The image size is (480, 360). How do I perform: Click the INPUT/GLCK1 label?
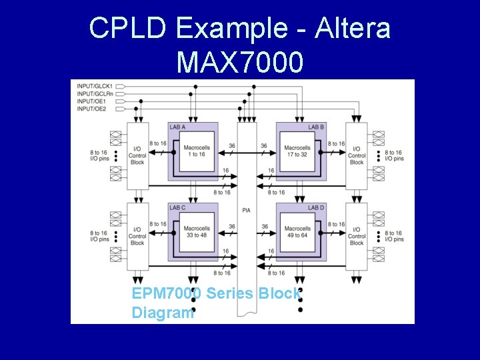pyautogui.click(x=95, y=87)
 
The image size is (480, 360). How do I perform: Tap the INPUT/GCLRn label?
pyautogui.click(x=95, y=94)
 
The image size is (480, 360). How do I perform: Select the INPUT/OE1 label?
pyautogui.click(x=92, y=101)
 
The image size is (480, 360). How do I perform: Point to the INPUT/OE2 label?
pyautogui.click(x=92, y=109)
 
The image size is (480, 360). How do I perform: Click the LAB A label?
pyautogui.click(x=178, y=127)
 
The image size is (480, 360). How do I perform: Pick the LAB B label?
pyautogui.click(x=316, y=127)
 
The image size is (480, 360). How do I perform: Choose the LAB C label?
pyautogui.click(x=178, y=208)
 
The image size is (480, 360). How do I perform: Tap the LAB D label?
pyautogui.click(x=316, y=208)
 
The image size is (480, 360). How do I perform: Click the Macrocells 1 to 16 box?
pyautogui.click(x=197, y=152)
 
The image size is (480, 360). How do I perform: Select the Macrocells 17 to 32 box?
pyautogui.click(x=297, y=152)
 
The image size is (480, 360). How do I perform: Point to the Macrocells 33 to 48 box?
pyautogui.click(x=197, y=232)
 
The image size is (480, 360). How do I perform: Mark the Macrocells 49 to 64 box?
pyautogui.click(x=297, y=232)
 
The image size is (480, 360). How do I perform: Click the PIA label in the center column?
pyautogui.click(x=247, y=211)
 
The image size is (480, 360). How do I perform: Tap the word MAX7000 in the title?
pyautogui.click(x=240, y=63)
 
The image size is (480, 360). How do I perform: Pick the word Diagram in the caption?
pyautogui.click(x=163, y=312)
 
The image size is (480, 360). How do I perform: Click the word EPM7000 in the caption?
pyautogui.click(x=167, y=293)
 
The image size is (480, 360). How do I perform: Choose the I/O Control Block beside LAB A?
pyautogui.click(x=137, y=155)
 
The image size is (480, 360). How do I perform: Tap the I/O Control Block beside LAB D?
pyautogui.click(x=357, y=235)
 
